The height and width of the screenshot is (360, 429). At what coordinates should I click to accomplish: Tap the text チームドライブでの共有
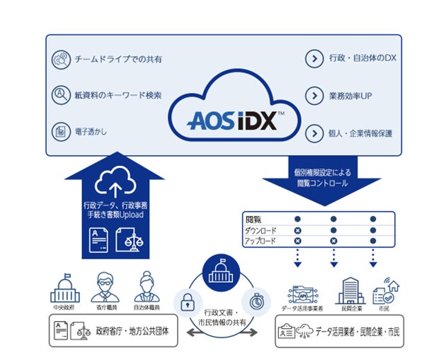[118, 60]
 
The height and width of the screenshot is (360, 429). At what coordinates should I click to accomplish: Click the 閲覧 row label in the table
[253, 219]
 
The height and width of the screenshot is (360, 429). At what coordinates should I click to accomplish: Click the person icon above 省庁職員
[103, 287]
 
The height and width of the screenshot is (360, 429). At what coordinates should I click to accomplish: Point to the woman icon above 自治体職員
[147, 286]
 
